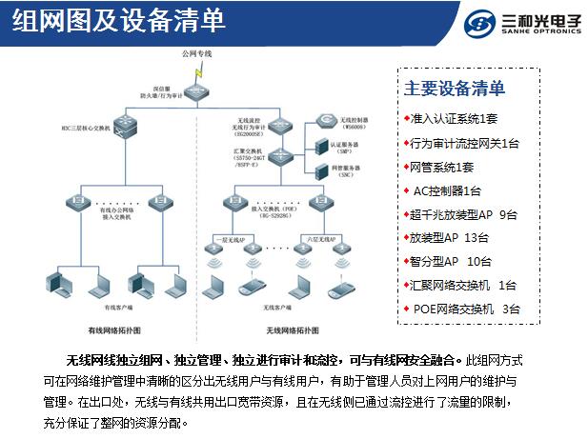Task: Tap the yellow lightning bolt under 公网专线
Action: click(x=200, y=72)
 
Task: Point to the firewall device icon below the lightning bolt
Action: click(x=201, y=93)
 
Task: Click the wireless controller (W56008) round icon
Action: click(x=325, y=121)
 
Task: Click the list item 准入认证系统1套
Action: click(x=454, y=119)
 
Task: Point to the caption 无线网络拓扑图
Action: click(x=292, y=329)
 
